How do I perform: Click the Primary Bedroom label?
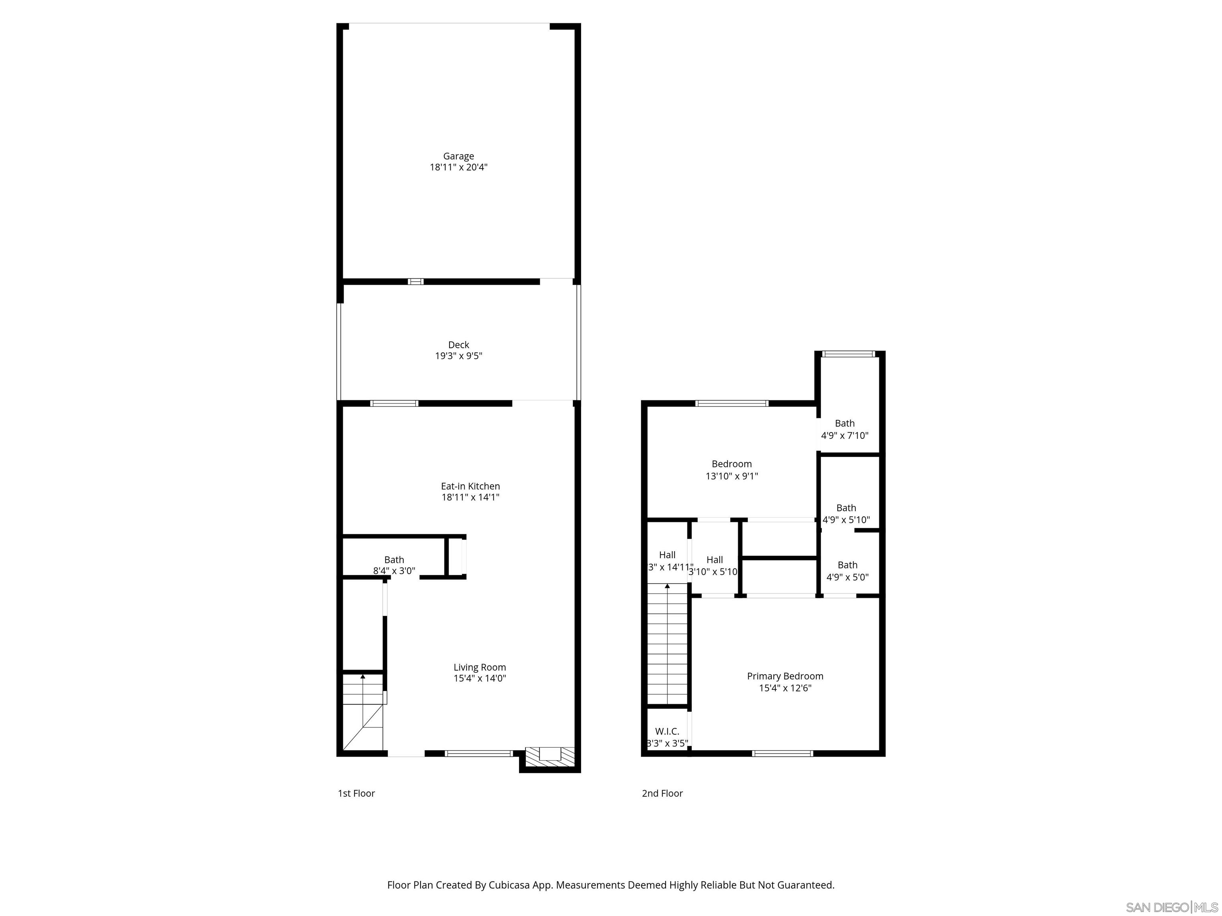click(x=784, y=676)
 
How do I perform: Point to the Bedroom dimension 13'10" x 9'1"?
click(x=732, y=476)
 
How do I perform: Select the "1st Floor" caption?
click(x=356, y=794)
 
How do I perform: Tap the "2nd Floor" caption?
click(x=662, y=794)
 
